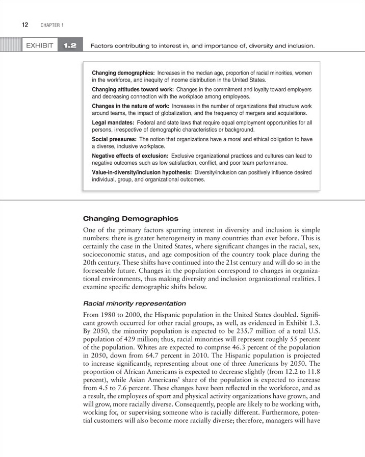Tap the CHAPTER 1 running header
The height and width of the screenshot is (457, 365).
49,25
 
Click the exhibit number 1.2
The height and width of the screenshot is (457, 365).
70,46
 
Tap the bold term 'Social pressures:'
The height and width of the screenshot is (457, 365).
114,139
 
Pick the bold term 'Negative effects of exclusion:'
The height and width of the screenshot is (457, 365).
130,156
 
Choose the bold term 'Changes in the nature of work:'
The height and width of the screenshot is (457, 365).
131,106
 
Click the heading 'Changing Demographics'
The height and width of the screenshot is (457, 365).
131,219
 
